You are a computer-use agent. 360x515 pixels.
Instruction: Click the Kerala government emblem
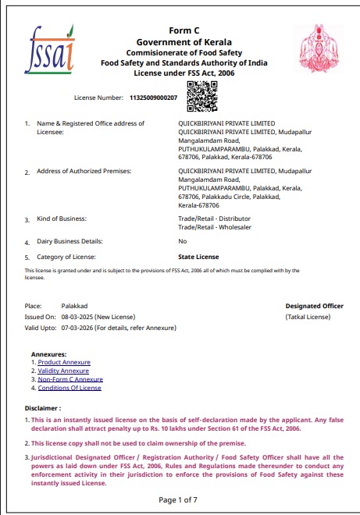(x=320, y=46)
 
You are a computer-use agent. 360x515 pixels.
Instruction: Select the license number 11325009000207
(x=153, y=98)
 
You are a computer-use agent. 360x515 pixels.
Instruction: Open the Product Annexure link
(x=64, y=362)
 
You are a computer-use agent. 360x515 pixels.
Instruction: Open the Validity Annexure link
(x=63, y=371)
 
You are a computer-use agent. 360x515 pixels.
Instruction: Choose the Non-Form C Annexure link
(x=70, y=379)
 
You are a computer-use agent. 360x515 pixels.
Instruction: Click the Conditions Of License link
(x=70, y=388)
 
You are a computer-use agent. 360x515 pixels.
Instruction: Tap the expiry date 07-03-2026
(x=77, y=329)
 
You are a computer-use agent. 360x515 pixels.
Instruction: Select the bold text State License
(x=198, y=256)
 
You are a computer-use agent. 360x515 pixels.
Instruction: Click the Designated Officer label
(x=314, y=307)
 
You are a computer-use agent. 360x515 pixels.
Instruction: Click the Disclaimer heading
(x=43, y=408)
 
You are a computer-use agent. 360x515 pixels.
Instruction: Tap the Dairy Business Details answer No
(x=182, y=241)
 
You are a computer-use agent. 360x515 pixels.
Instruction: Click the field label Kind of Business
(x=62, y=218)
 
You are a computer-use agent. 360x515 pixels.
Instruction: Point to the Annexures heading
(x=48, y=354)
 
